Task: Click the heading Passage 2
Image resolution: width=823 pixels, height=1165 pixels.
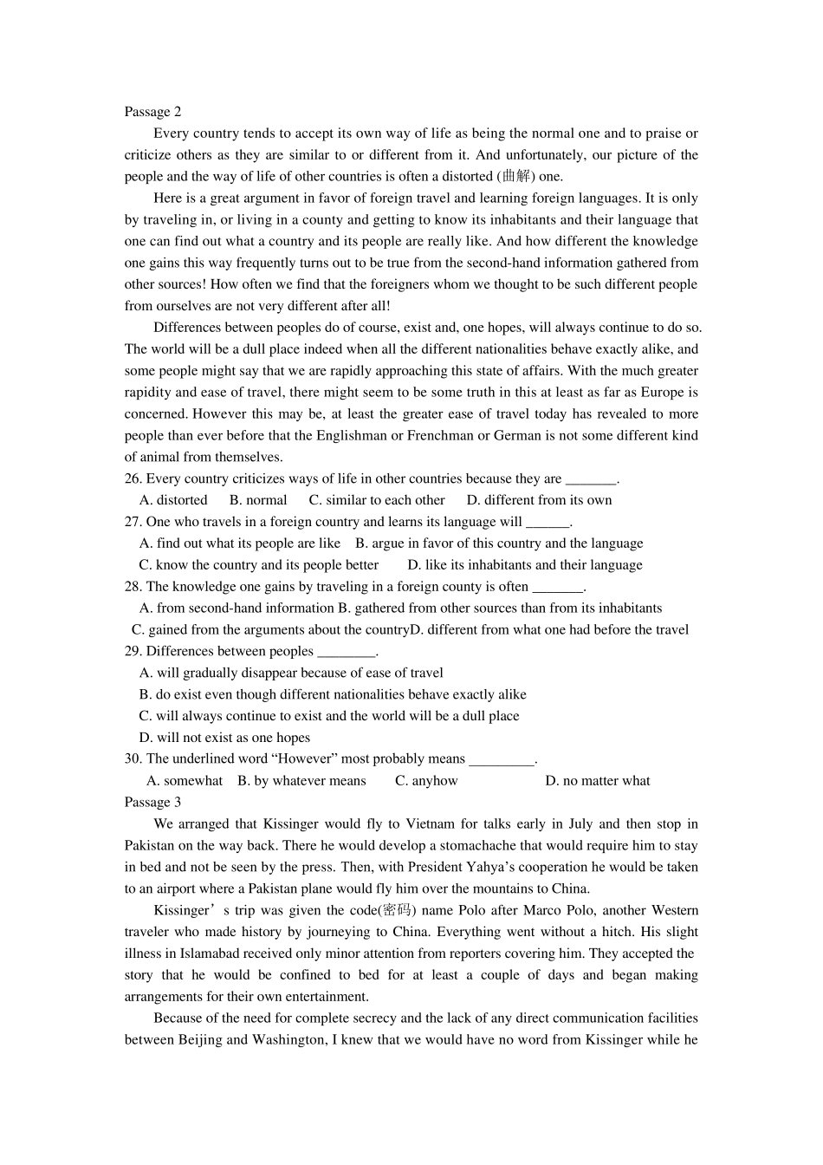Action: coord(152,112)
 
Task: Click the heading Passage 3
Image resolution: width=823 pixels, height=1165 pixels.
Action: coord(152,803)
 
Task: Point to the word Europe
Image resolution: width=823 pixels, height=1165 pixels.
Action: coord(645,393)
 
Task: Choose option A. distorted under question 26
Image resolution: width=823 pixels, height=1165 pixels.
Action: coord(173,501)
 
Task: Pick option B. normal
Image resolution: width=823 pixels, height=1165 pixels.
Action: coord(258,501)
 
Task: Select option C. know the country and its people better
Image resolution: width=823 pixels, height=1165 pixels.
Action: coord(259,565)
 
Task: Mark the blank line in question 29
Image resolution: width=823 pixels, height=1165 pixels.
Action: coord(346,653)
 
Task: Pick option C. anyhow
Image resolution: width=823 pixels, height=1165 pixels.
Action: coord(426,781)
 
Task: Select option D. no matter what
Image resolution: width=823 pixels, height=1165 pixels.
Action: coord(597,781)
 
